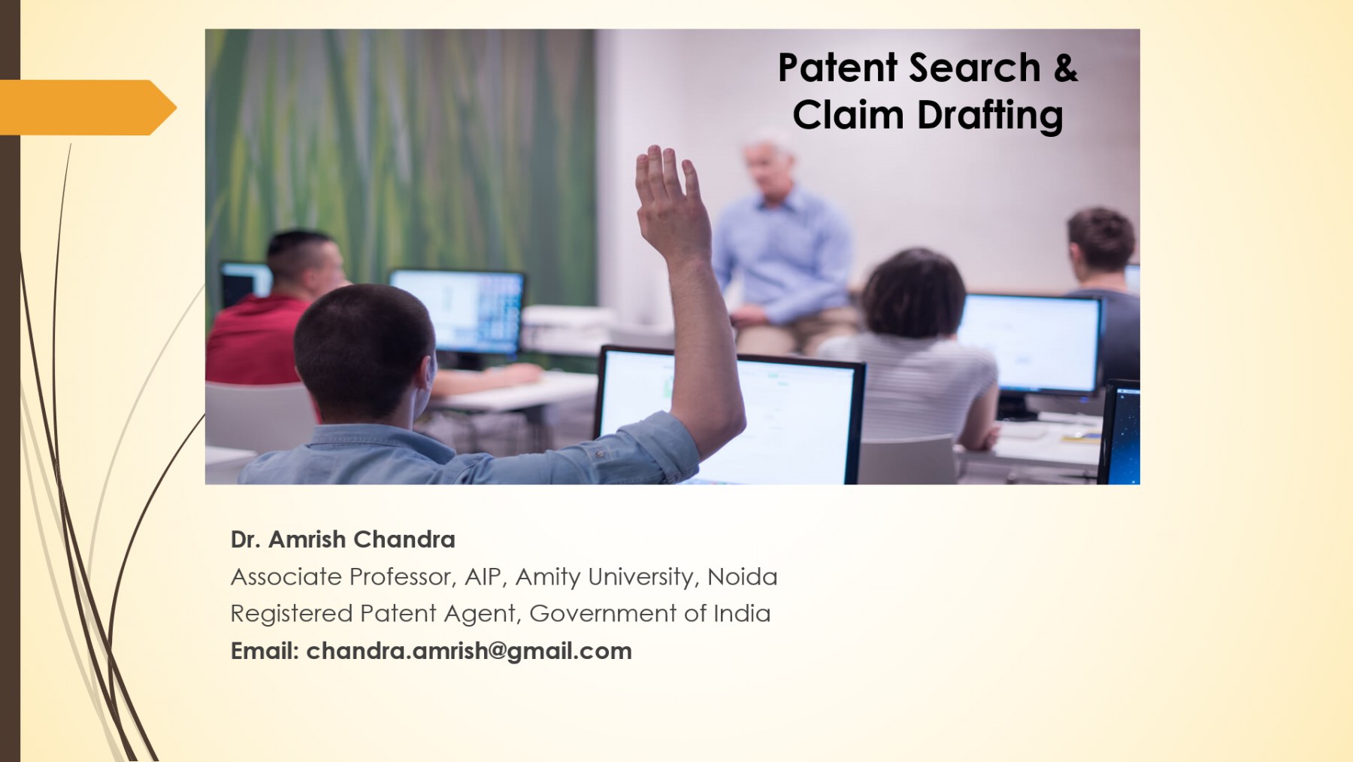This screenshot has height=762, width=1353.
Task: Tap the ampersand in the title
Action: (1066, 68)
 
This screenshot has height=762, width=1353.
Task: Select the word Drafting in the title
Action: (990, 115)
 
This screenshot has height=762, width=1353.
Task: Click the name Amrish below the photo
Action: (307, 539)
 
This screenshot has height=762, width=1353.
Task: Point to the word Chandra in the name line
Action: (404, 539)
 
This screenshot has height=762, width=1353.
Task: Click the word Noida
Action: (742, 577)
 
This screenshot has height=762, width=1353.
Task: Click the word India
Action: (742, 614)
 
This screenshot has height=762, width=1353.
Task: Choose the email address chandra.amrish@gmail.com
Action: (469, 651)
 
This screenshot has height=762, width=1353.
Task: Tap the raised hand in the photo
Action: (670, 203)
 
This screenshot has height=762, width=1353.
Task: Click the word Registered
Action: (292, 614)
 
